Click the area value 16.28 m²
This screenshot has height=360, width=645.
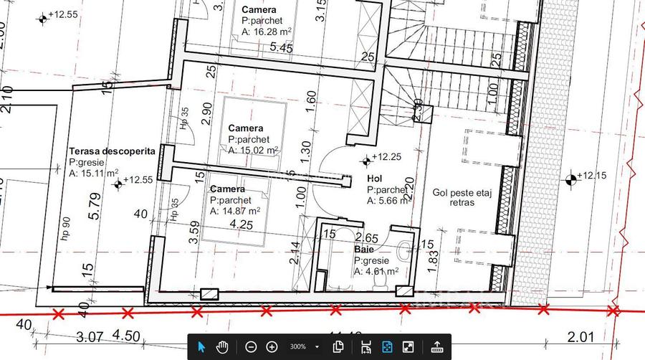click(x=264, y=32)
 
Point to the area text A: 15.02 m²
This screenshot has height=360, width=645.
click(x=254, y=151)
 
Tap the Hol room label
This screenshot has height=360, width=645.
click(x=374, y=179)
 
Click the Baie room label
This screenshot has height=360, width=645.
click(x=364, y=250)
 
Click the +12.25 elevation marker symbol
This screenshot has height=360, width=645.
click(x=368, y=159)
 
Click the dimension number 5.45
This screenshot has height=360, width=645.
click(x=282, y=48)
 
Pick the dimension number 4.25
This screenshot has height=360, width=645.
click(x=242, y=224)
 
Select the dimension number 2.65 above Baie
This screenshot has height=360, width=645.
click(x=367, y=237)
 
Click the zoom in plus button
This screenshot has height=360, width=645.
click(x=272, y=346)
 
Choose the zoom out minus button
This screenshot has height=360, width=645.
click(x=251, y=346)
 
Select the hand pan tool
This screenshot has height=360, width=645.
click(x=222, y=346)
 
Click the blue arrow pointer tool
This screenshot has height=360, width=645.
click(x=201, y=346)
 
